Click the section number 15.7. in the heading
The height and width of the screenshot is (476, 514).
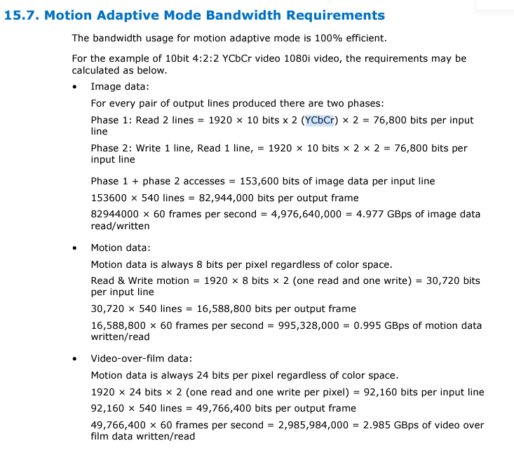pyautogui.click(x=22, y=15)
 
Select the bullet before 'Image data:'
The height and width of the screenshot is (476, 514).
pyautogui.click(x=75, y=87)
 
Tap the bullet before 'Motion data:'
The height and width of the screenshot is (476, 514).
pyautogui.click(x=75, y=247)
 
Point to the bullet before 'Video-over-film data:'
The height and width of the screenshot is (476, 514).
pyautogui.click(x=75, y=359)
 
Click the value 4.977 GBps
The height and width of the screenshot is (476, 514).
pyautogui.click(x=371, y=215)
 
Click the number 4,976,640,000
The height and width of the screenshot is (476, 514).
pyautogui.click(x=304, y=215)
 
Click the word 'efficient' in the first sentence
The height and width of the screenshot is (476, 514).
pyautogui.click(x=361, y=38)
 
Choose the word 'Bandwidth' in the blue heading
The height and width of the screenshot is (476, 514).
pyautogui.click(x=250, y=15)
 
